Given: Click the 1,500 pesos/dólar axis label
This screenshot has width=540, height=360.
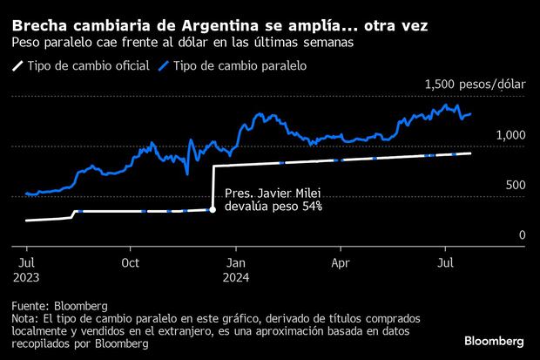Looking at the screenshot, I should (x=475, y=85).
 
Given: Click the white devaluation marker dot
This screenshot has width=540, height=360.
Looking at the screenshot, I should (x=213, y=209).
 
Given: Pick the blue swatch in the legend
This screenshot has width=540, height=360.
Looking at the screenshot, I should (x=165, y=66).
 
